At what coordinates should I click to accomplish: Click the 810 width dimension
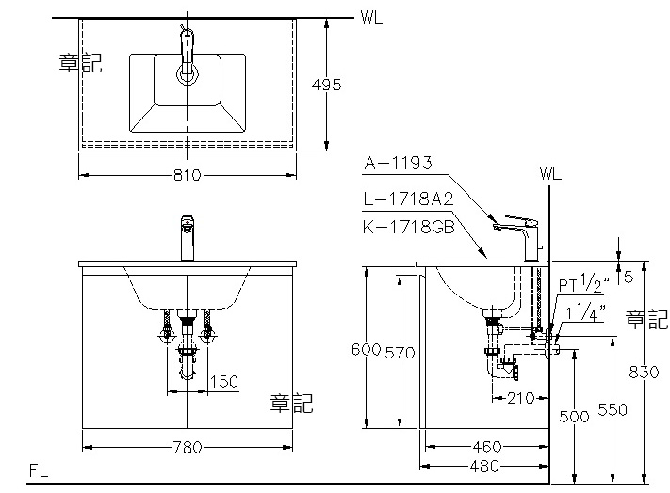[x=188, y=175]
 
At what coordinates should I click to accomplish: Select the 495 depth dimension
[x=326, y=85]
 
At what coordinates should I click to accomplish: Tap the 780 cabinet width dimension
[x=188, y=447]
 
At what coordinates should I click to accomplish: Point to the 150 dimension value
[x=224, y=381]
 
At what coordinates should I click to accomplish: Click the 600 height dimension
[x=367, y=350]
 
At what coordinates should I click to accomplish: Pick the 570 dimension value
[x=400, y=353]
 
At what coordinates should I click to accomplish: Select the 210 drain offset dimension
[x=521, y=398]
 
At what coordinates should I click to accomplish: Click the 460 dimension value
[x=486, y=447]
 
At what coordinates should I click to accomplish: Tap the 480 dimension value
[x=484, y=466]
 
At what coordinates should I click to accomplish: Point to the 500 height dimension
[x=574, y=416]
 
